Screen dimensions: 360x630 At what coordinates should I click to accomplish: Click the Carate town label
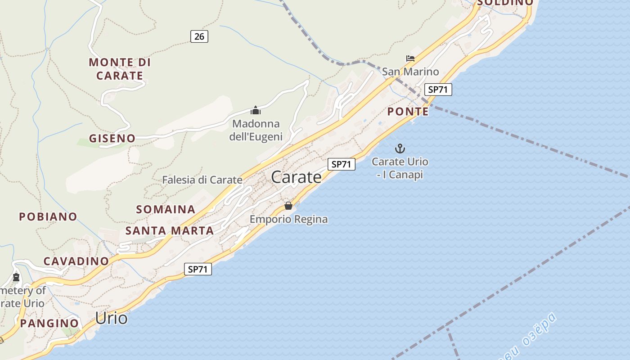pos(296,177)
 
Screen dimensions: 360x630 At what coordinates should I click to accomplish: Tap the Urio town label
pos(111,318)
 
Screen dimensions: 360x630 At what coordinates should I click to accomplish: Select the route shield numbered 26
pos(199,36)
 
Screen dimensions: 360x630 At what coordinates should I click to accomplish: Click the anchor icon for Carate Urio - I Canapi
pos(400,148)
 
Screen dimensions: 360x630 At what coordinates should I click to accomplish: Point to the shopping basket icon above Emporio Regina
pos(288,206)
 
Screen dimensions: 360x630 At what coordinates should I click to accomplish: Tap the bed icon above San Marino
pos(410,58)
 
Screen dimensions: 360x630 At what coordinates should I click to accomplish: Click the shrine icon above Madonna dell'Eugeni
pos(256,110)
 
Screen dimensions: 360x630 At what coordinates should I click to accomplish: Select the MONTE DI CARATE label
pos(120,69)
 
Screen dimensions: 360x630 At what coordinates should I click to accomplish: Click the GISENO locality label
pos(112,138)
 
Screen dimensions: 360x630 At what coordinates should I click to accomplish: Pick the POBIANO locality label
pos(48,216)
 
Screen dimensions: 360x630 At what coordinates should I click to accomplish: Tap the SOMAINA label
pos(166,209)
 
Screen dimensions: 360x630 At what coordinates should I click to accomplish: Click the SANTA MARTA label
pos(170,231)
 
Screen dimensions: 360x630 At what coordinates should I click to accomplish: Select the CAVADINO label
pos(76,261)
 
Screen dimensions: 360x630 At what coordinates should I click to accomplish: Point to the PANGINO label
pos(49,323)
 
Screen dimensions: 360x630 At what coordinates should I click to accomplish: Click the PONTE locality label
pos(408,111)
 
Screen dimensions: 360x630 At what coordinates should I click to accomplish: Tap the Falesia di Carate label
pos(202,180)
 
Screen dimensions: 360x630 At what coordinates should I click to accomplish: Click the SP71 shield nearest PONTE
pos(438,90)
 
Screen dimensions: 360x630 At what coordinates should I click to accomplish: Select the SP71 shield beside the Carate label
pos(341,164)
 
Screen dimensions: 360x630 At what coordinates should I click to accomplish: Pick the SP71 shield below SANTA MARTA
pos(198,269)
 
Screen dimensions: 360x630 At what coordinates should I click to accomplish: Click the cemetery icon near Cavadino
pos(17,277)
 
